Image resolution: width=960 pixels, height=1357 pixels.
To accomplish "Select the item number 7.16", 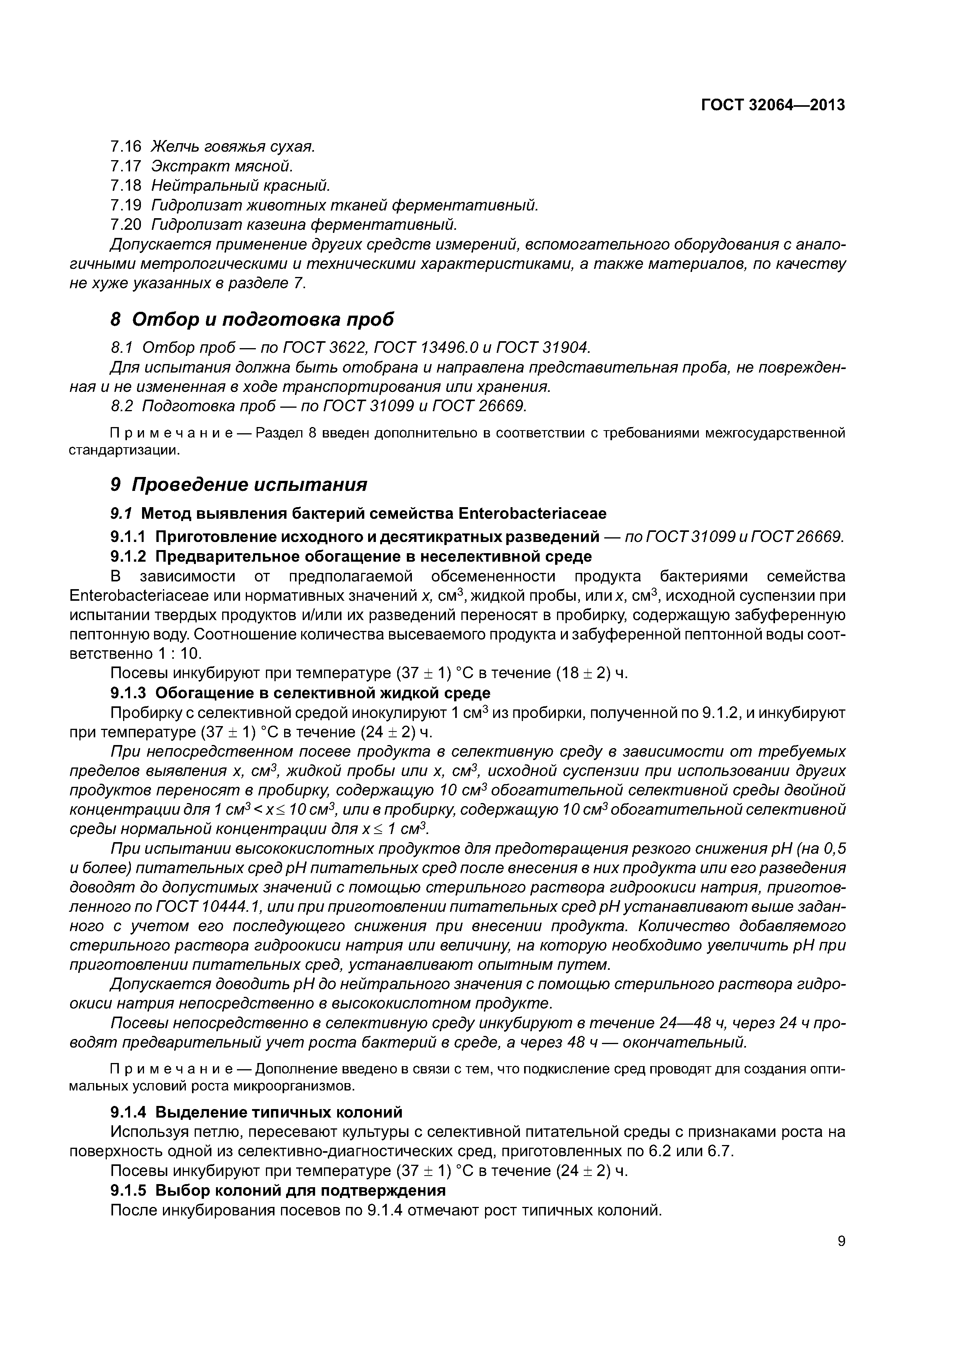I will pyautogui.click(x=126, y=146).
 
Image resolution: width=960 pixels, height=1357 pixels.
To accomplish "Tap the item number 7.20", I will pyautogui.click(x=126, y=225).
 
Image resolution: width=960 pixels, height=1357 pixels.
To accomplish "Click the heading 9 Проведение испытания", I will pyautogui.click(x=239, y=485).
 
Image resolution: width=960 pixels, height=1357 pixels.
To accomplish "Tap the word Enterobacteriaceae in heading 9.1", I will pyautogui.click(x=532, y=513).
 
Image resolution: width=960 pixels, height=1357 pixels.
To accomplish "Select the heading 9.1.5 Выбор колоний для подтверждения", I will pyautogui.click(x=278, y=1190).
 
